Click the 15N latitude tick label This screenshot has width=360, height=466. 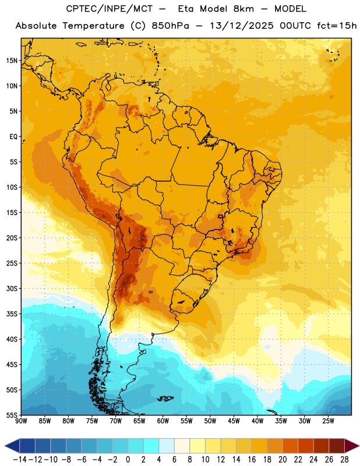click(12, 61)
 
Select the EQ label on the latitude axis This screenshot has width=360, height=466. click(13, 137)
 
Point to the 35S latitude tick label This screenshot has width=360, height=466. click(12, 314)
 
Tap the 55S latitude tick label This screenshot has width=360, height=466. click(12, 415)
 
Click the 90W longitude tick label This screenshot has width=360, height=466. click(21, 421)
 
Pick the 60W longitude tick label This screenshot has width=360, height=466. click(163, 421)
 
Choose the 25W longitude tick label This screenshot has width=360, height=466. click(328, 421)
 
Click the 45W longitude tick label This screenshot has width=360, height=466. click(234, 421)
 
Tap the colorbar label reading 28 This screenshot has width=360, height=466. click(344, 460)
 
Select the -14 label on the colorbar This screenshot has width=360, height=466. click(20, 460)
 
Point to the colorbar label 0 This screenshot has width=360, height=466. click(128, 460)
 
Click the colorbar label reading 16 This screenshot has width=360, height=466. click(252, 460)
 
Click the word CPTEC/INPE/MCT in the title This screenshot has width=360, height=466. click(110, 9)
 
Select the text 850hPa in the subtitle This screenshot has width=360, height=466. click(170, 26)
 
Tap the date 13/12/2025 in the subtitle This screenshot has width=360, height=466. click(242, 26)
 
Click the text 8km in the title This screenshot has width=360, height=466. click(243, 9)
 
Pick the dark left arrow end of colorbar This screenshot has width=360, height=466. click(12, 446)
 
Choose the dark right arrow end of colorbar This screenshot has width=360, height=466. click(352, 446)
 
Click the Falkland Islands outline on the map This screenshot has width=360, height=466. click(165, 398)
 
